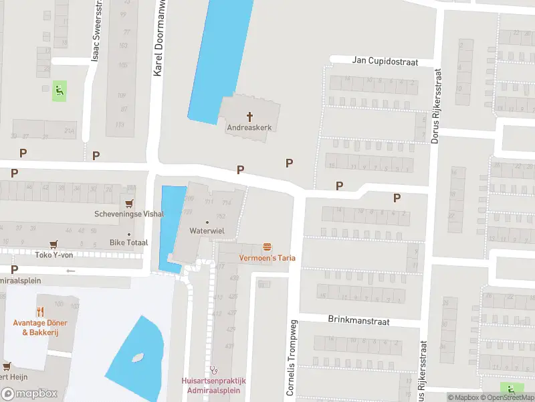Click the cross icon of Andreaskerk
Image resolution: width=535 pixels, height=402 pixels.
coord(251,116)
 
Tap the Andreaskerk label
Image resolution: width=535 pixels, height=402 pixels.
coord(251,127)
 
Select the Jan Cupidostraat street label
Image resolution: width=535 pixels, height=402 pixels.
coord(385,62)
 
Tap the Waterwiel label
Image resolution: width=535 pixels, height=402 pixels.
coord(207,230)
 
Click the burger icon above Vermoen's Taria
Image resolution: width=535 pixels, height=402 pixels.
coord(267,247)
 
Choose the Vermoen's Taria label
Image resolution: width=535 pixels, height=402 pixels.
coord(267,258)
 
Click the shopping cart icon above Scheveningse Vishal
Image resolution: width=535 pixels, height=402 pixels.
coord(129,204)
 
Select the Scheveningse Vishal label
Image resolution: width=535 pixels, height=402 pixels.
coord(129,214)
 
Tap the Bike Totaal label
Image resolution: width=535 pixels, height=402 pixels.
coord(129,242)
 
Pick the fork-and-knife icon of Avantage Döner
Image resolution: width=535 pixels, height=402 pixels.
coord(41,312)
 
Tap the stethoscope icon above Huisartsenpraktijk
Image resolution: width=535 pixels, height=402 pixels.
coord(214,369)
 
